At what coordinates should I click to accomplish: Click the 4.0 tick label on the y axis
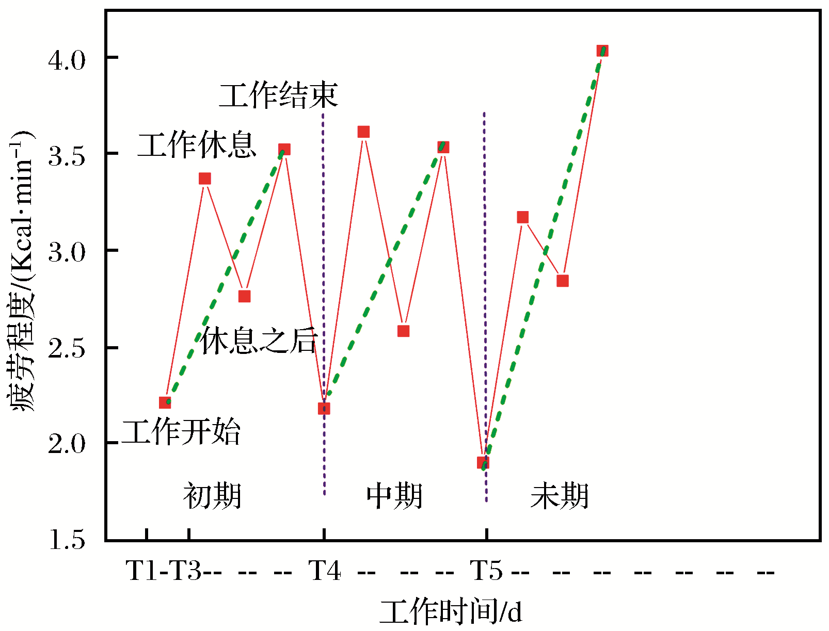click(67, 60)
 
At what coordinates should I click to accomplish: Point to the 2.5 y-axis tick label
click(67, 349)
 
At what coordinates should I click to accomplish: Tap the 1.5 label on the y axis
click(67, 541)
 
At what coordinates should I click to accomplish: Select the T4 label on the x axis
click(325, 571)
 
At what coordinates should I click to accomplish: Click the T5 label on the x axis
click(486, 571)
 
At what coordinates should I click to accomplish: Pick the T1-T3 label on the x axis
click(164, 571)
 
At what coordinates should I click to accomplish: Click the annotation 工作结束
click(279, 95)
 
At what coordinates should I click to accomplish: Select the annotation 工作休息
click(197, 145)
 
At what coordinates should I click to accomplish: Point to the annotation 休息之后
click(258, 341)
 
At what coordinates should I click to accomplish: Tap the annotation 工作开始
click(181, 432)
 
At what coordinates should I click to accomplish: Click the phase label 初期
click(212, 496)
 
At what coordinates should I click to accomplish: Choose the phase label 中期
click(394, 496)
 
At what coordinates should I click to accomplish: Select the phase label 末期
click(560, 496)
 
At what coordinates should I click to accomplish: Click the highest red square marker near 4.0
click(602, 51)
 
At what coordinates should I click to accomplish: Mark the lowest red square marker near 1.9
click(483, 462)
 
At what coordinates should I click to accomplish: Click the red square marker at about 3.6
click(363, 132)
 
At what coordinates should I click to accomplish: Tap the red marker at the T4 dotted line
click(324, 409)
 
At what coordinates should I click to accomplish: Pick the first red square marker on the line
click(165, 402)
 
